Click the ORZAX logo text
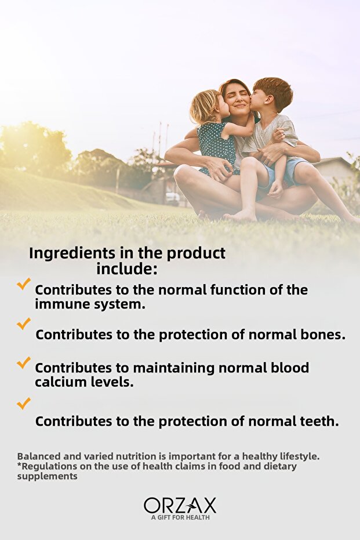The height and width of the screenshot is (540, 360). [180, 505]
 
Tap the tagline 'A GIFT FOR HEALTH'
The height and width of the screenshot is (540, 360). [180, 517]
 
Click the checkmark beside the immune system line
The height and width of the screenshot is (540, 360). [24, 284]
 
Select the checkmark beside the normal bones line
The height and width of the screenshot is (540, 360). [24, 324]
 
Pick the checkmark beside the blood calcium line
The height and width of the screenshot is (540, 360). [24, 363]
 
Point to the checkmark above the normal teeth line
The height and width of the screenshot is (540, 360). [24, 403]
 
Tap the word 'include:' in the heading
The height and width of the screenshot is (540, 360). [126, 269]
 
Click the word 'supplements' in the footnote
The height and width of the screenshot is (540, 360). [47, 477]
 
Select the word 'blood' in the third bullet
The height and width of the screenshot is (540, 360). [290, 368]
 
